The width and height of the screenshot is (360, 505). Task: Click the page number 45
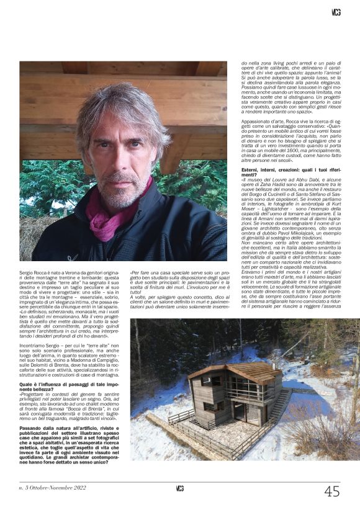[x=331, y=491]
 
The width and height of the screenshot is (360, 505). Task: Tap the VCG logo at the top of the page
[x=336, y=12]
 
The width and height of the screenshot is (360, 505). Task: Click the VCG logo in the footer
[x=179, y=488]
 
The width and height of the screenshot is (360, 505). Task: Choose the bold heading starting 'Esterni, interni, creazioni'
[x=289, y=171]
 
